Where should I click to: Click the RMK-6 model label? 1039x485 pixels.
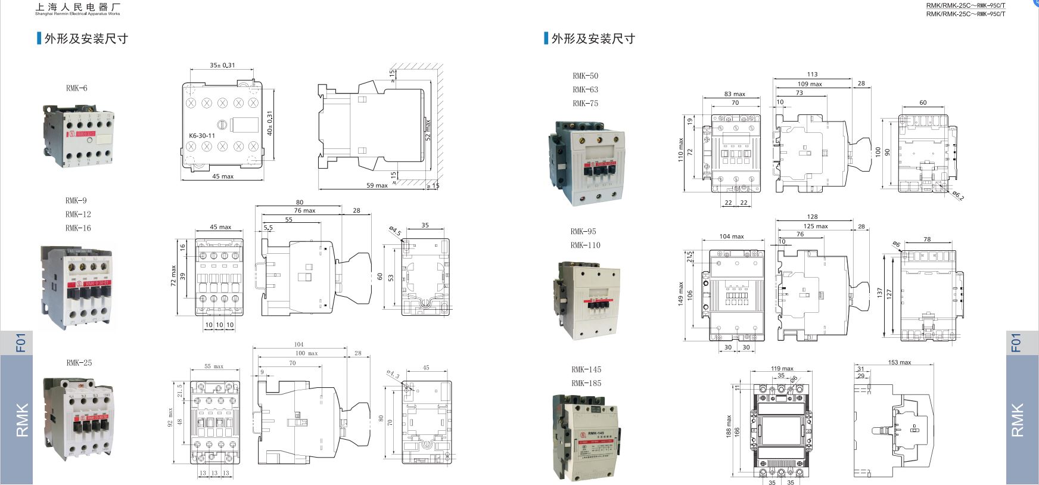click(x=76, y=88)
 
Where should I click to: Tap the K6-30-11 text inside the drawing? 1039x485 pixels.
click(x=201, y=135)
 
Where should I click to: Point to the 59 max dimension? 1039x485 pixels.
click(x=377, y=185)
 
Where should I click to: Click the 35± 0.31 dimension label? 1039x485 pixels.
click(x=222, y=66)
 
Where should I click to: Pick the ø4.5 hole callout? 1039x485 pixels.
click(x=394, y=231)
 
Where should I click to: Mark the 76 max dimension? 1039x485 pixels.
click(x=304, y=210)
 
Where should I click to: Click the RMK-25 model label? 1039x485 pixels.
click(x=79, y=363)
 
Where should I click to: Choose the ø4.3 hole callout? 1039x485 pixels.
click(x=393, y=374)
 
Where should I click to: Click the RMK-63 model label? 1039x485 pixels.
click(x=585, y=90)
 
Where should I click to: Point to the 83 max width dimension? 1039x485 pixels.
click(x=735, y=94)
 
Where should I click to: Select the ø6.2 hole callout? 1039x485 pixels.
click(x=957, y=195)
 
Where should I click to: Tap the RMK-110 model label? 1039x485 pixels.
click(x=585, y=245)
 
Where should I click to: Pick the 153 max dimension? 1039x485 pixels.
click(x=899, y=362)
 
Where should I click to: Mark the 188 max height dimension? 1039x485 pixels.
click(x=729, y=427)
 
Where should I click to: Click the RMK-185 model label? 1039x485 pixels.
click(x=586, y=384)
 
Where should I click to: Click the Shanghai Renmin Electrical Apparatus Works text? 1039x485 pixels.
click(x=77, y=13)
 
